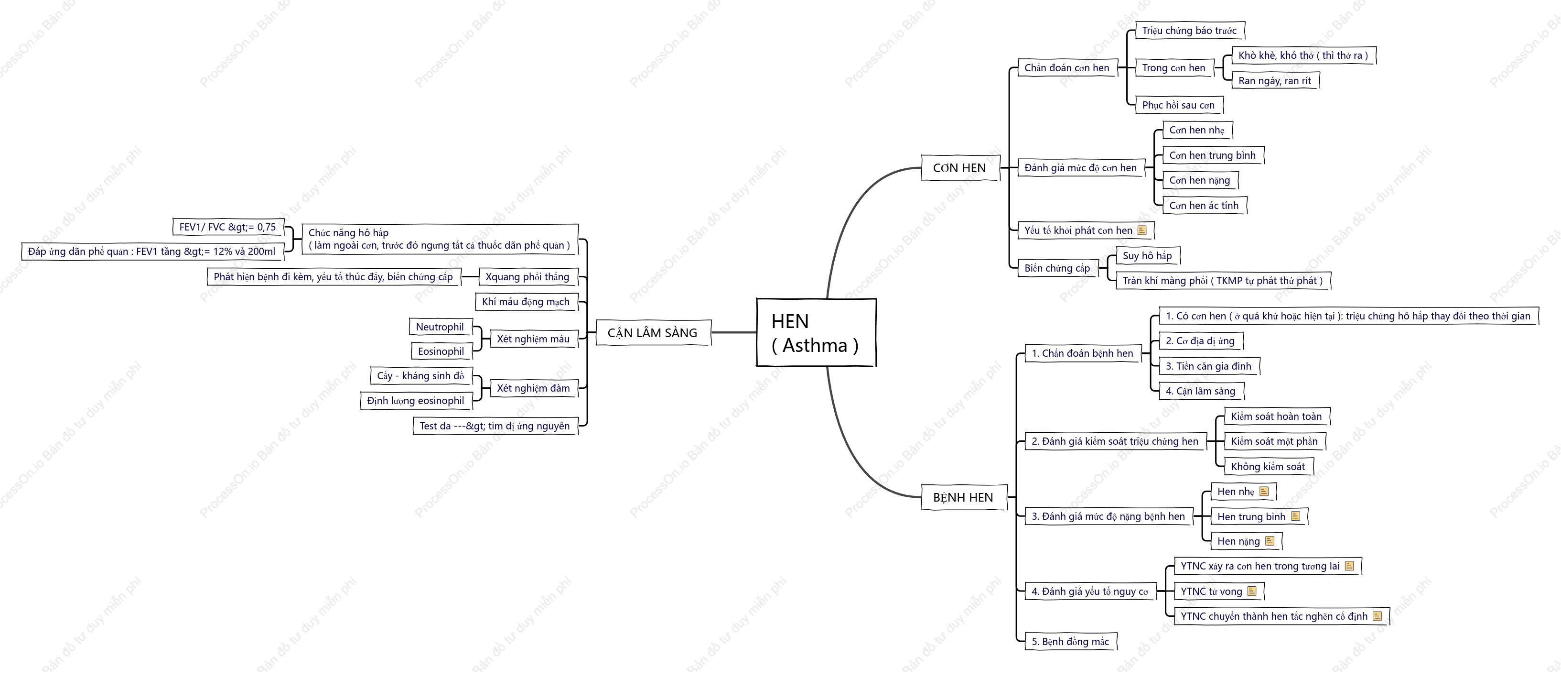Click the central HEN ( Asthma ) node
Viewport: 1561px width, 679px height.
816,332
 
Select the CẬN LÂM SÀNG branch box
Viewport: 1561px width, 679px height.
653,333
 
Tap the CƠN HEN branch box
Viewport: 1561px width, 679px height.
960,168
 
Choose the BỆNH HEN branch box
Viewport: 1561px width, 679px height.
964,498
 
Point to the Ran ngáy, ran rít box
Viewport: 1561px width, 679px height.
1275,81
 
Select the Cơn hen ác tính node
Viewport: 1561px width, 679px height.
1204,206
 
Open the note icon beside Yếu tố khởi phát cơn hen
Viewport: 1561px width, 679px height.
1142,230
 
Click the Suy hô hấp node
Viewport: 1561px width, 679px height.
1148,256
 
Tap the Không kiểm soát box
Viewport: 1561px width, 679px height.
1268,467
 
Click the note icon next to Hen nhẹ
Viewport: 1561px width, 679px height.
1264,492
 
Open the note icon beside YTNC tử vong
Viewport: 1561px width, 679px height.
1252,591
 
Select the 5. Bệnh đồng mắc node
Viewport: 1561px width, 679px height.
1071,641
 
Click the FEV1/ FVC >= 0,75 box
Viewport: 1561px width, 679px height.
228,227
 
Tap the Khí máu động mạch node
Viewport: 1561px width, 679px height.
526,302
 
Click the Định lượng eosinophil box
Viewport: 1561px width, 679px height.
416,401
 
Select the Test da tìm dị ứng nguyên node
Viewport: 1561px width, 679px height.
495,426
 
